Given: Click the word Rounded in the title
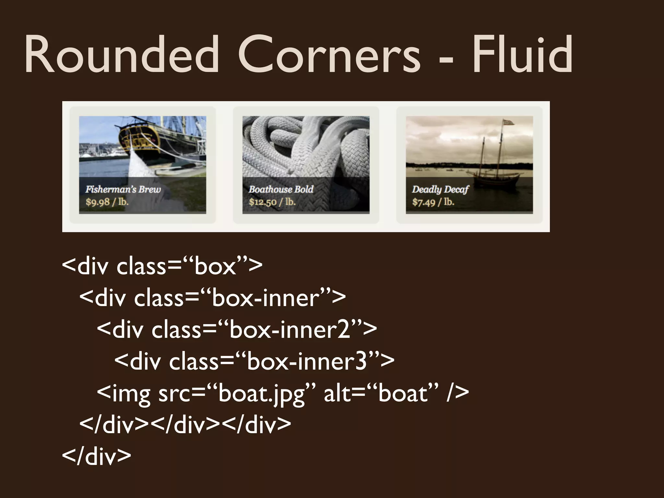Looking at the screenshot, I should pyautogui.click(x=122, y=55).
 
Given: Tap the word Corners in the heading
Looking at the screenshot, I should pyautogui.click(x=329, y=55).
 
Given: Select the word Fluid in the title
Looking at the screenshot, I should pyautogui.click(x=522, y=55).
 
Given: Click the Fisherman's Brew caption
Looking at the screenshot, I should pyautogui.click(x=123, y=189).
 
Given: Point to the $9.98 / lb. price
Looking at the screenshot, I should pyautogui.click(x=107, y=202).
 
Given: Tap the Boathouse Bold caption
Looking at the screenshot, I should pyautogui.click(x=281, y=189).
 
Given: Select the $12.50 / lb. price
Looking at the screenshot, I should pyautogui.click(x=272, y=202).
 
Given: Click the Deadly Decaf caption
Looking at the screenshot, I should pyautogui.click(x=440, y=189).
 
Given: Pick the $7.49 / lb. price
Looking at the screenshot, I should pyautogui.click(x=433, y=202).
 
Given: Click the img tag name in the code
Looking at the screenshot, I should pyautogui.click(x=131, y=394).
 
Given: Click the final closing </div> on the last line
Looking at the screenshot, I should pyautogui.click(x=96, y=456).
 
